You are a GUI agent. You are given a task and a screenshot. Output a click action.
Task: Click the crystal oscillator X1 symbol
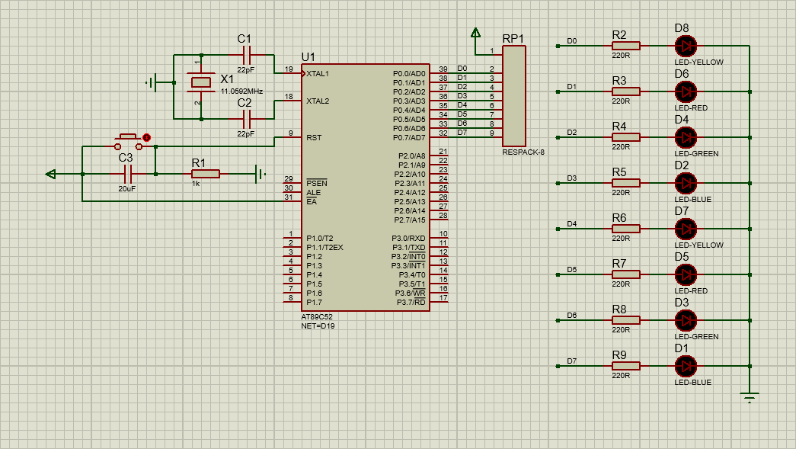coord(200,82)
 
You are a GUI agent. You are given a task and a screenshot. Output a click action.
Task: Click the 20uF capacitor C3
coord(128,175)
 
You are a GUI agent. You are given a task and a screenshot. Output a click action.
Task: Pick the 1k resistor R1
coord(206,175)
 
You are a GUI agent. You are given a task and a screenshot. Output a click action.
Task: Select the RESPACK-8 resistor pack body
coord(513,96)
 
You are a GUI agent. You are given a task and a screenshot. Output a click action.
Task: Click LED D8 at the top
coord(686,47)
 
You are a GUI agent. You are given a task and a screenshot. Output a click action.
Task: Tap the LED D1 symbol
coord(686,366)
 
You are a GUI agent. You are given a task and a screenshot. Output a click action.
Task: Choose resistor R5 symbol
coord(625,184)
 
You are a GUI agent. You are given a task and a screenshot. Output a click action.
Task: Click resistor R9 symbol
coord(625,366)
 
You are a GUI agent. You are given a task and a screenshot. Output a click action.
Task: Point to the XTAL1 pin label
coord(318,74)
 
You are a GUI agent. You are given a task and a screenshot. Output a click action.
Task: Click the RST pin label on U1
coord(314,138)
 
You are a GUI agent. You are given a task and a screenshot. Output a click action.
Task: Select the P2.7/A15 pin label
coord(410,220)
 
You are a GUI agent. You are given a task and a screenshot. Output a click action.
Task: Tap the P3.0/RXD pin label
coord(408,238)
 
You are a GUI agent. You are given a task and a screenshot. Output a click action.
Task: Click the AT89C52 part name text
coord(317,317)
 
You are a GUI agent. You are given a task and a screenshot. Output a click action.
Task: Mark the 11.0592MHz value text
coord(241,91)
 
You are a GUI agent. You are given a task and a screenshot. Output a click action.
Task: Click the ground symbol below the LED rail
coord(750,396)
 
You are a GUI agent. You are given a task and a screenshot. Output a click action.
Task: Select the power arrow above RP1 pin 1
coord(475,33)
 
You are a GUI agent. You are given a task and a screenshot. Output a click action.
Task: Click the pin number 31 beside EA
coord(289,197)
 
